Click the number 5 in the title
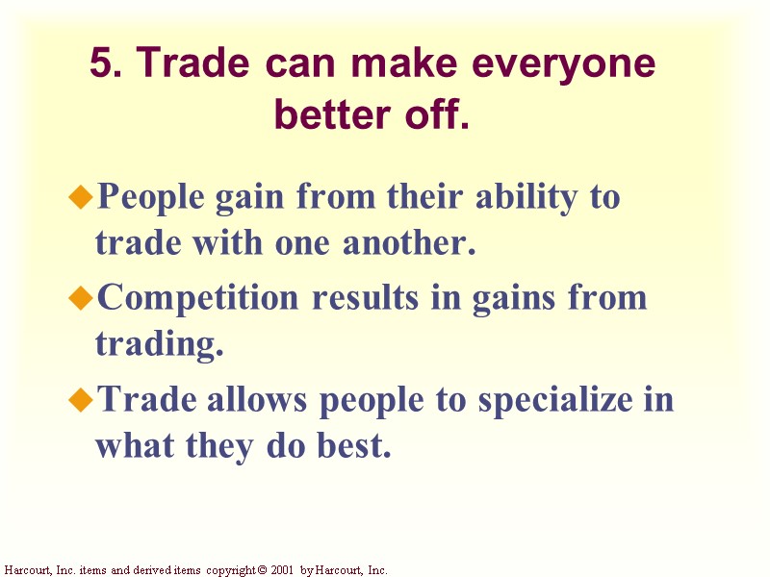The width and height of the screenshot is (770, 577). [101, 64]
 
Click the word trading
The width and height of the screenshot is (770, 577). [159, 344]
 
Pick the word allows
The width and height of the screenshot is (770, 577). [258, 399]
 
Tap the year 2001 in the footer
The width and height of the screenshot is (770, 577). [280, 570]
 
